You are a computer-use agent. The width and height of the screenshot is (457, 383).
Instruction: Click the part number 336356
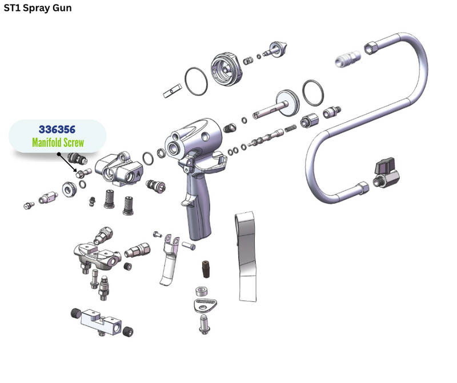(x=57, y=130)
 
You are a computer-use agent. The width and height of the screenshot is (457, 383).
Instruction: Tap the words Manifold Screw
(x=58, y=143)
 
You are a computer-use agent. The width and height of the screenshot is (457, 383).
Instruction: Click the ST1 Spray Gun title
(x=38, y=8)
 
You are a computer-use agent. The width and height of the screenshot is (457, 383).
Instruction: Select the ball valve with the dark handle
(x=386, y=174)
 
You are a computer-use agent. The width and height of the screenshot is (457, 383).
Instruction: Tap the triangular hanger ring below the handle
(x=205, y=305)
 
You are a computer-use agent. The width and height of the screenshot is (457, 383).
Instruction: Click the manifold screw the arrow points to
(x=83, y=173)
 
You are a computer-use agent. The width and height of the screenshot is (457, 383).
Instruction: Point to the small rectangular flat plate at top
(x=173, y=91)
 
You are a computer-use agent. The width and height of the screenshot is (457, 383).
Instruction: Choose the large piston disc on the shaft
(x=287, y=103)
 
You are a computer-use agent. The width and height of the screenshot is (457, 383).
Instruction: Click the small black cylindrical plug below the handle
(x=206, y=269)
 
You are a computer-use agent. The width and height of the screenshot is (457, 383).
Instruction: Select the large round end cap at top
(x=226, y=69)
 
